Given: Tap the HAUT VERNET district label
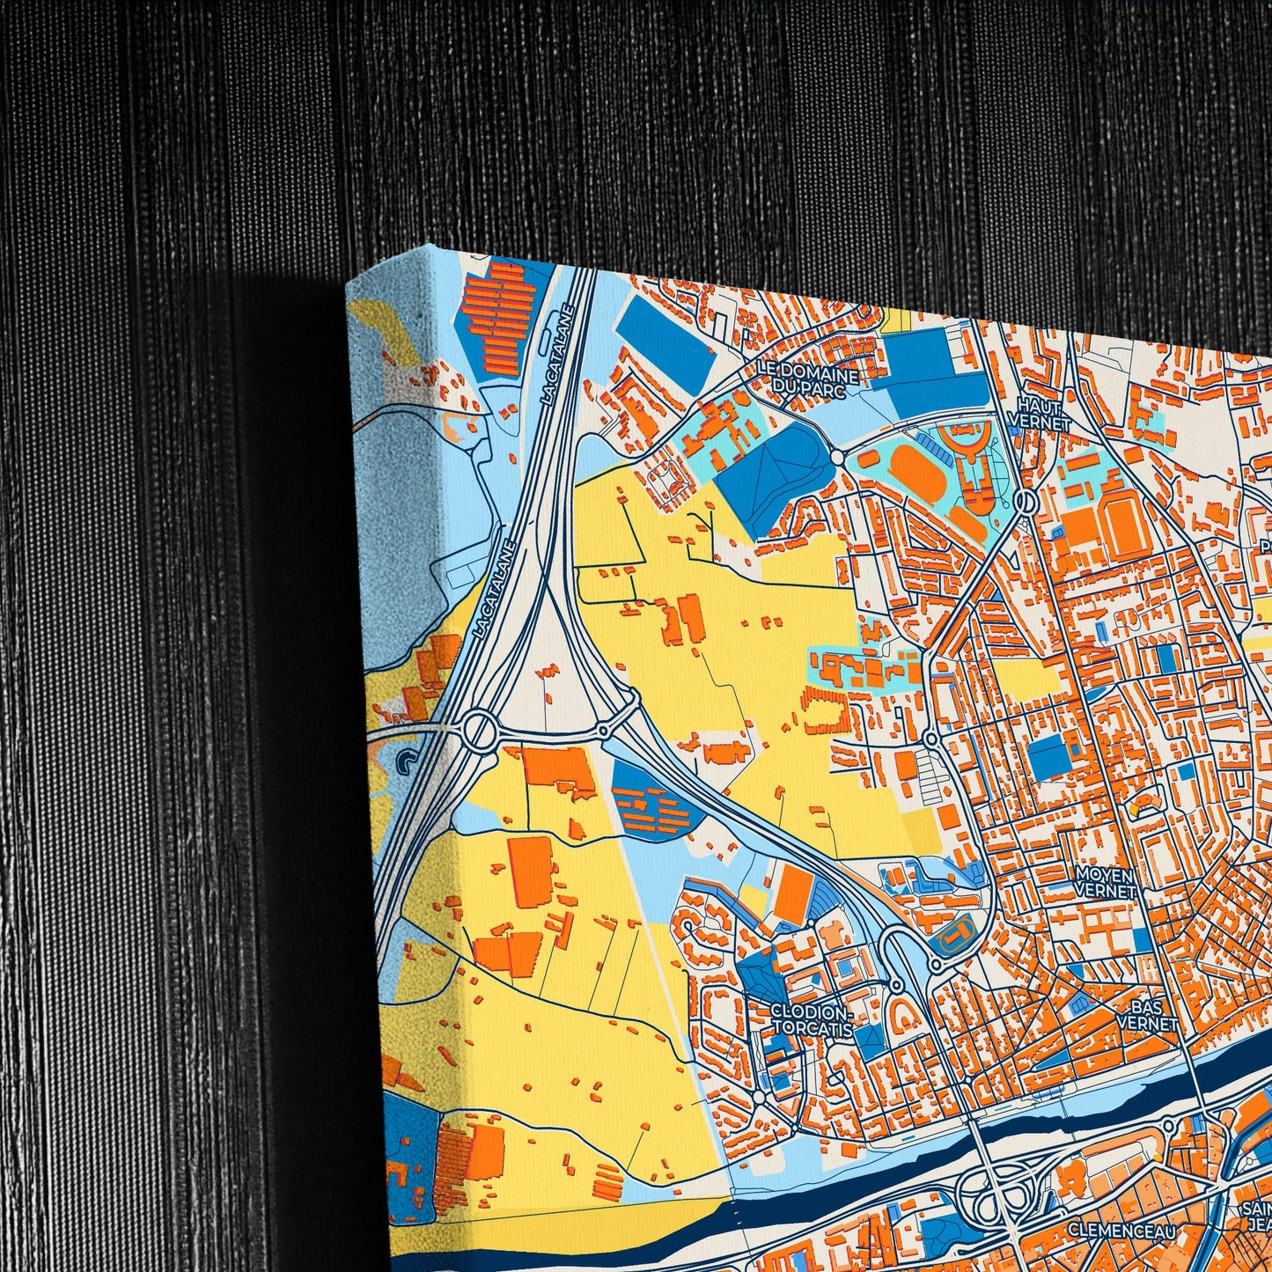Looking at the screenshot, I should tap(1040, 414).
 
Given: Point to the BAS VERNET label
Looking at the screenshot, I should tap(1147, 1015).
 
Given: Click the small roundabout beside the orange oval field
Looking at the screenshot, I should tap(837, 459).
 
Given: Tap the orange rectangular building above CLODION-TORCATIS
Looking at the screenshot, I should tap(794, 893).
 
